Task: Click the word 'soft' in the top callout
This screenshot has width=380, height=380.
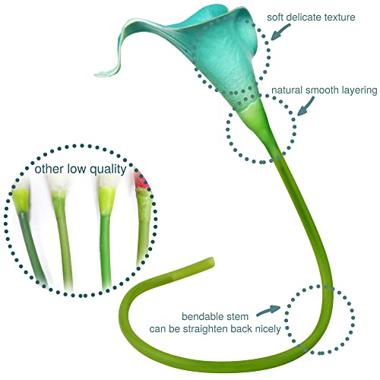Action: click(276, 17)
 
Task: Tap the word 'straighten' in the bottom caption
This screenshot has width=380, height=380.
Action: click(205, 329)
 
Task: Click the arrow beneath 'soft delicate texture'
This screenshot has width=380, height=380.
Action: click(280, 32)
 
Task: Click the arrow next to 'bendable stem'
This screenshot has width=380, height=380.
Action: click(268, 310)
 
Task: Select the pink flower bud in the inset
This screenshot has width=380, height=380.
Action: click(141, 180)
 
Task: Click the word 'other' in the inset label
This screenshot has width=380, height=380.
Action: click(49, 169)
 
